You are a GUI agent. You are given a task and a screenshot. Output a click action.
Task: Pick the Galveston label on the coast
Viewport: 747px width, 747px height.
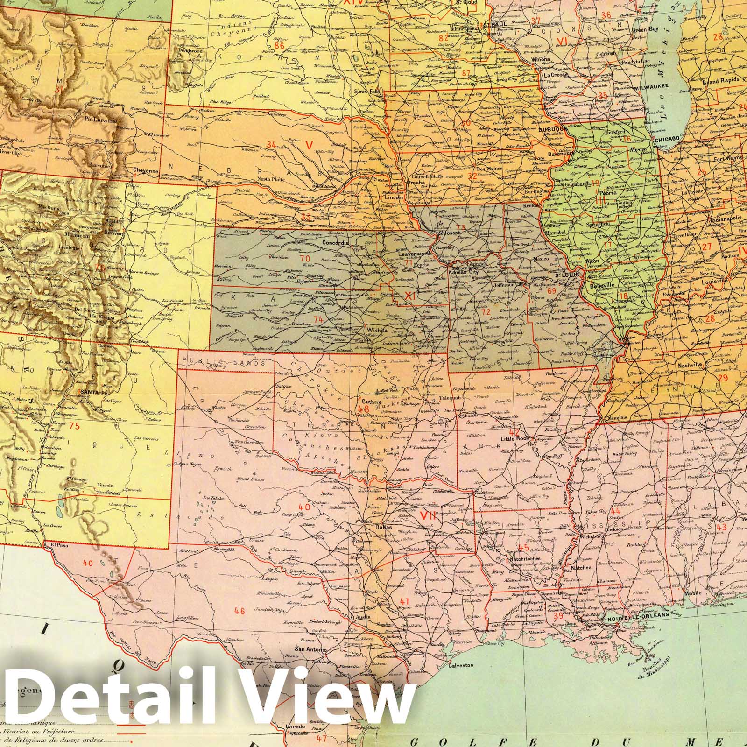[461, 665]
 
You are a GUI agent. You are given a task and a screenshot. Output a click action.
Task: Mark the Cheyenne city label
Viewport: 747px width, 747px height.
[146, 171]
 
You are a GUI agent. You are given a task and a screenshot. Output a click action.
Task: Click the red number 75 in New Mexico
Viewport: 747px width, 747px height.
[73, 426]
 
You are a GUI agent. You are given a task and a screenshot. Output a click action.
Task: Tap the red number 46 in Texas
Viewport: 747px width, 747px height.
[240, 610]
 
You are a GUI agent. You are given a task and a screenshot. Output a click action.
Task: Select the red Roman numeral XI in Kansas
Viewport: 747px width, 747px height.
[409, 295]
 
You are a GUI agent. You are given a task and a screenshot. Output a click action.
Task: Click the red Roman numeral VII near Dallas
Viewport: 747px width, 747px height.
[428, 515]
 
